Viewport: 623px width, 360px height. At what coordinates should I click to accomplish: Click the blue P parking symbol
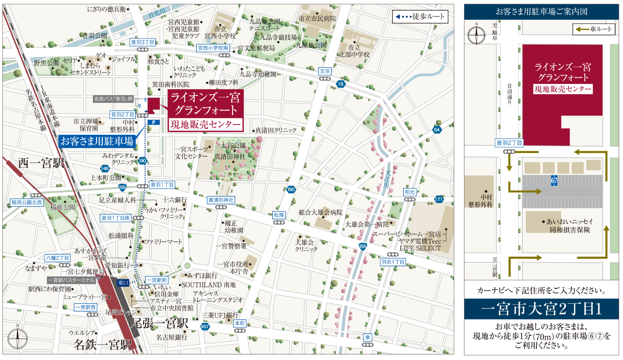pos(153,122)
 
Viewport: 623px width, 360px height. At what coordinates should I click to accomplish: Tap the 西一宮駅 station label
pos(41,163)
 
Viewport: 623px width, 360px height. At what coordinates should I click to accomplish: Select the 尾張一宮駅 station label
pos(159,323)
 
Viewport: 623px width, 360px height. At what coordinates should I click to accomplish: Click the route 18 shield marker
pos(340,84)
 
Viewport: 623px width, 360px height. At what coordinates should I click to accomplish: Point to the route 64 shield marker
pos(437,130)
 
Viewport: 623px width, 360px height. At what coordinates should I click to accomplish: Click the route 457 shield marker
pos(205,327)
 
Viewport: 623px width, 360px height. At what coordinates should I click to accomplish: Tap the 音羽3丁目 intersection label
pos(143,42)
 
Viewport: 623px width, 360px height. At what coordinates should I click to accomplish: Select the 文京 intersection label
pos(325,71)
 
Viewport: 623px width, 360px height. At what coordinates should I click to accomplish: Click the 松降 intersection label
pos(279,215)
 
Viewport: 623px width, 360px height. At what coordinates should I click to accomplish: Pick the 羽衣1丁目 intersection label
pos(393,262)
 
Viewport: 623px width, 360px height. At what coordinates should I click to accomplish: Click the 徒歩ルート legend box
pos(420,17)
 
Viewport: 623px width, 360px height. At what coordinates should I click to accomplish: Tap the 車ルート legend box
pos(594,29)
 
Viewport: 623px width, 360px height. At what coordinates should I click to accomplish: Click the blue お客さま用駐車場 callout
pos(97,141)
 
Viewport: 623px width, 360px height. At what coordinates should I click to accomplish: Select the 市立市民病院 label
pos(317,19)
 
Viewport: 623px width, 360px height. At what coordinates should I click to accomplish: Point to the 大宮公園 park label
pos(233,145)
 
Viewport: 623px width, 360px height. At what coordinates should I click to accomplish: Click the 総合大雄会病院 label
pos(320,213)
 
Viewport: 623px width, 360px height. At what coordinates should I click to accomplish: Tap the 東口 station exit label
pos(123,283)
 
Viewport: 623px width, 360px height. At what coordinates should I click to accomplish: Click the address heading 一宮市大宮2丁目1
pos(541,309)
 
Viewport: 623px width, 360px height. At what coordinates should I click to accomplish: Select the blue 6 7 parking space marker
pos(554,181)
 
